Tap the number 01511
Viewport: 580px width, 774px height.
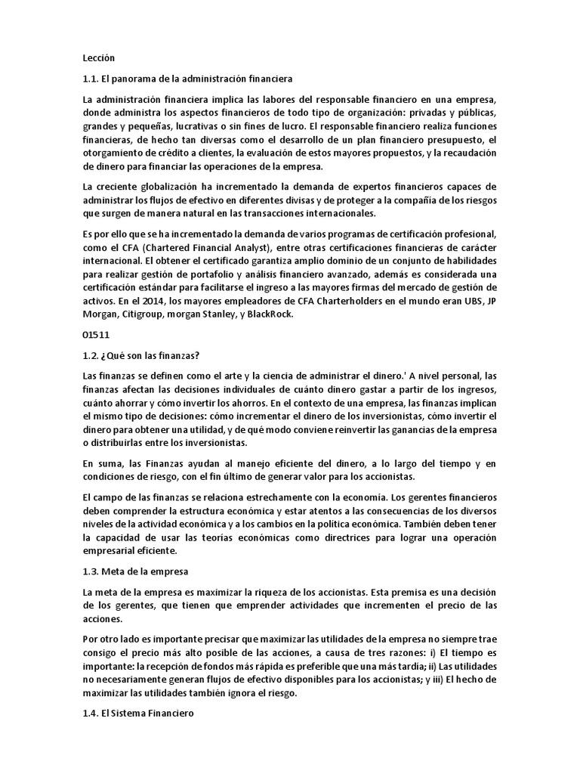point(95,334)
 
